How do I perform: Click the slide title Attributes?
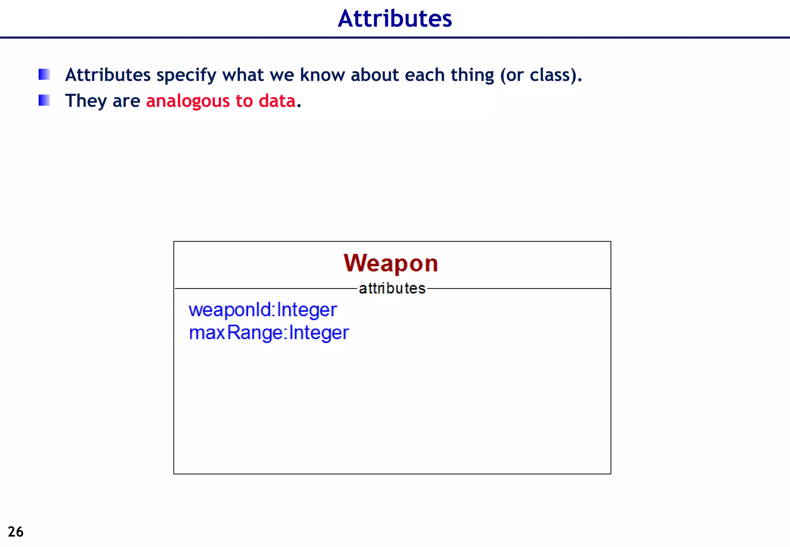[x=395, y=19]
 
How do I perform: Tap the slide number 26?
[x=15, y=532]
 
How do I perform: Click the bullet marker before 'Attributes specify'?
[x=44, y=74]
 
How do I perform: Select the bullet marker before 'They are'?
[x=44, y=100]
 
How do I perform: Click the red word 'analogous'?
[x=188, y=101]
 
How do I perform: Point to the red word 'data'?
[x=277, y=101]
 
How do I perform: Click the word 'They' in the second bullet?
[x=86, y=101]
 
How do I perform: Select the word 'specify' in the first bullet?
[x=186, y=75]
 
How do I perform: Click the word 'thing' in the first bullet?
[x=472, y=75]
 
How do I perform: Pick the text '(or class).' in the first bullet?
[x=541, y=75]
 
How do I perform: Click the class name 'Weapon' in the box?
[x=391, y=263]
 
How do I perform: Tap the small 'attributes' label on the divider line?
[x=392, y=289]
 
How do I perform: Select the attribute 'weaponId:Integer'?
[x=263, y=310]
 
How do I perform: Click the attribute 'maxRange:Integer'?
[x=269, y=333]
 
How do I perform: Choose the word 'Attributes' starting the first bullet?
[x=108, y=75]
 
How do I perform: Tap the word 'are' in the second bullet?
[x=126, y=101]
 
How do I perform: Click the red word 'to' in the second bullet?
[x=244, y=101]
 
